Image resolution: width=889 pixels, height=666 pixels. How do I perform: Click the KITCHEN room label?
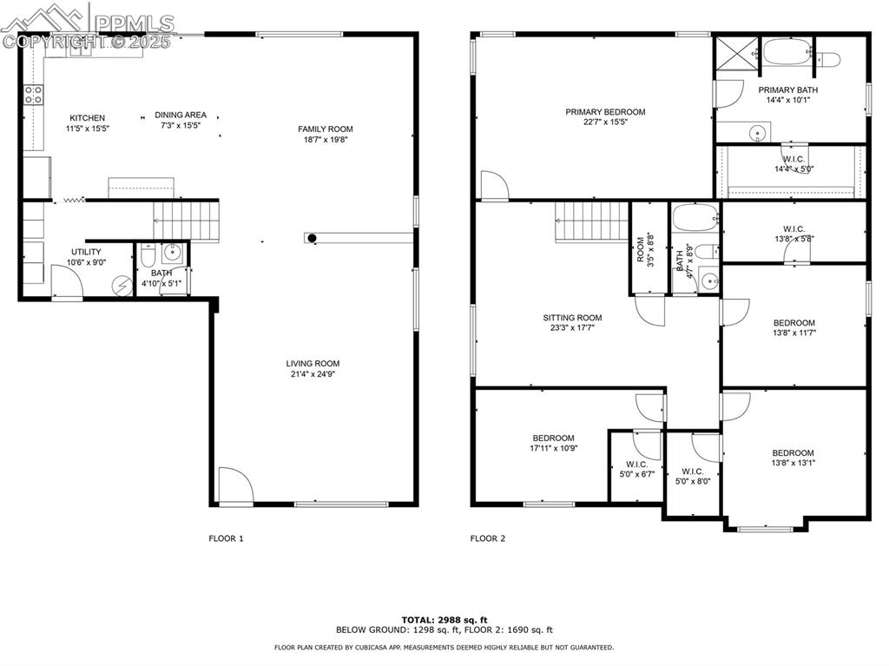point(88,118)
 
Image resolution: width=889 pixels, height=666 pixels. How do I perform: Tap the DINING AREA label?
point(181,115)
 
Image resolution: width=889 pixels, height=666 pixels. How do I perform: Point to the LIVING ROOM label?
point(313,364)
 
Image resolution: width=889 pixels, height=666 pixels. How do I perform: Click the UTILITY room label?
point(86,252)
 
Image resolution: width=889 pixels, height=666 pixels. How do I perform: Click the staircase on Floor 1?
point(186,220)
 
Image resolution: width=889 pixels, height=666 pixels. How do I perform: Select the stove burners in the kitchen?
point(33,96)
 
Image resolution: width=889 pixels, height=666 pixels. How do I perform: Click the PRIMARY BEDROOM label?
point(605,112)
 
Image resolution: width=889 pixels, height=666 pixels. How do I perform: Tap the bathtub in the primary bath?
point(787,52)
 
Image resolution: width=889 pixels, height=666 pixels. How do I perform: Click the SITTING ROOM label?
point(572,318)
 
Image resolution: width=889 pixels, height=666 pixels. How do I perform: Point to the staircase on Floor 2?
point(591,221)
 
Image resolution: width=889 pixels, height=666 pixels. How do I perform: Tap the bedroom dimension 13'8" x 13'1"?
point(794,463)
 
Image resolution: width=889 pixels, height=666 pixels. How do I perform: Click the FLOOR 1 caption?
point(226,538)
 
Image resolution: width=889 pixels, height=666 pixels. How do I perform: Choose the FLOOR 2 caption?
point(488,538)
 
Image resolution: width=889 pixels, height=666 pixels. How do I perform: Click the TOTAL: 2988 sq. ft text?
point(444,618)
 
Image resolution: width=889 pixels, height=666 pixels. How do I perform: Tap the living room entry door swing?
point(233,485)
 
